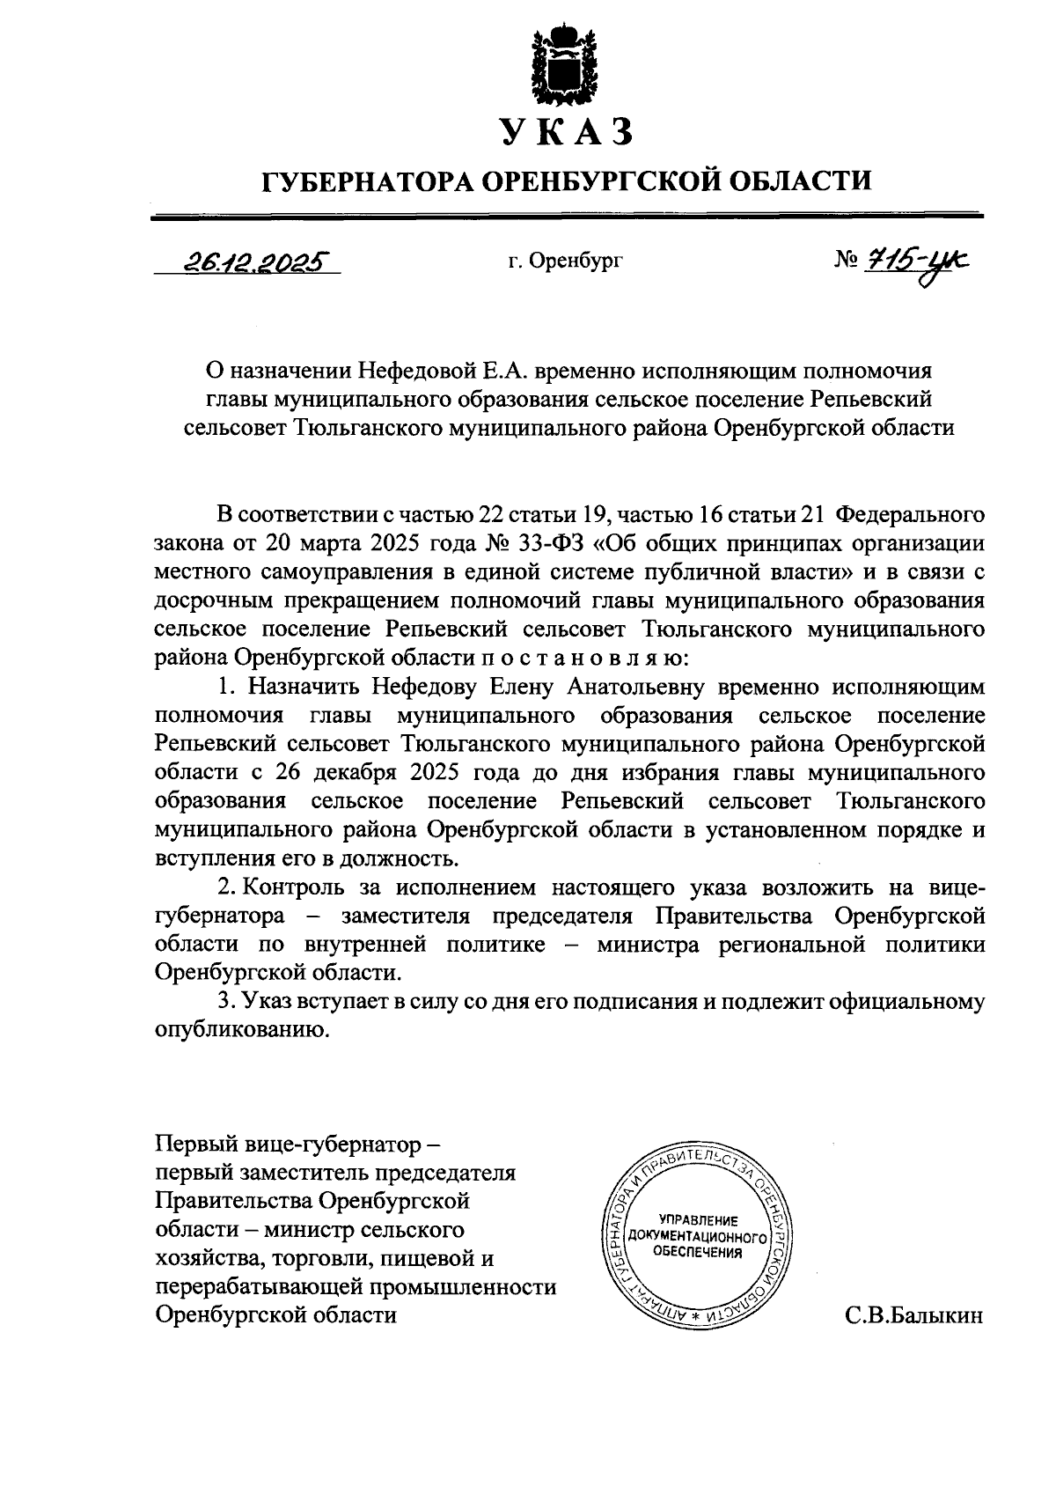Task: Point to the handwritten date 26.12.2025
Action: pos(251,260)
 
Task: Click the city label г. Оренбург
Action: pos(565,261)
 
